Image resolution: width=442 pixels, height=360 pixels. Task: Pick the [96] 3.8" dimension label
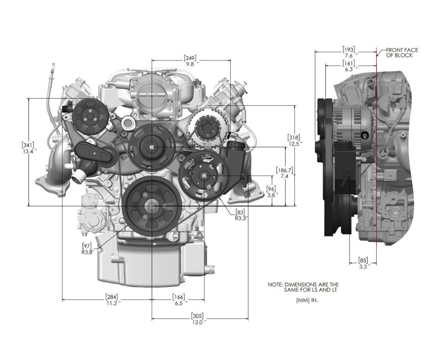272,191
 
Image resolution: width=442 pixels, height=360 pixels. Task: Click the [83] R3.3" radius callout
241,215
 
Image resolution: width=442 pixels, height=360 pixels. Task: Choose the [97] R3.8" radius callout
88,249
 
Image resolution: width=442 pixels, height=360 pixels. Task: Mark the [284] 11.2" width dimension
111,300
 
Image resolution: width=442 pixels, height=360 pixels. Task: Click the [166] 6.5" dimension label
179,300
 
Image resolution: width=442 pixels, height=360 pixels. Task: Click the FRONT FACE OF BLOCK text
402,52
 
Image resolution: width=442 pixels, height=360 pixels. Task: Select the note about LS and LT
303,287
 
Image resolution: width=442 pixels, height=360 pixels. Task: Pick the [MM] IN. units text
307,301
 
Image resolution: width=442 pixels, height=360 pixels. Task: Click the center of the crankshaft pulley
152,206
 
